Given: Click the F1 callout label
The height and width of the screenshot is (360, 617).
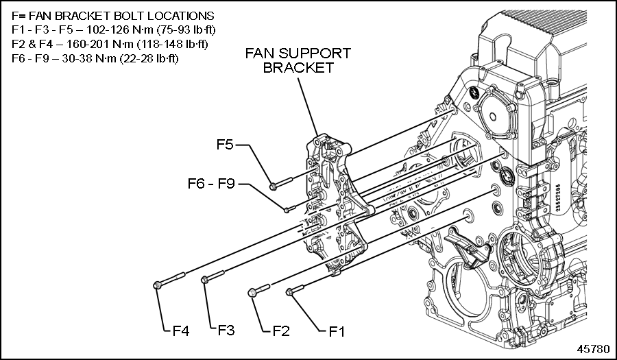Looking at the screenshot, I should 335,332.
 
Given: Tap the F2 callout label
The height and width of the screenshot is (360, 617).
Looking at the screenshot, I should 280,332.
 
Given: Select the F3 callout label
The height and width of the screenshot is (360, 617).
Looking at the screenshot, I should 226,331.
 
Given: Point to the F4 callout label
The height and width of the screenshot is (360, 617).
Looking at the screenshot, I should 180,332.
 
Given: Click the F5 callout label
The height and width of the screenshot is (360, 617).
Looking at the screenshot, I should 226,145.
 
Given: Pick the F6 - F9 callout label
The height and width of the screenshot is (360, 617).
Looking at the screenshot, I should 211,184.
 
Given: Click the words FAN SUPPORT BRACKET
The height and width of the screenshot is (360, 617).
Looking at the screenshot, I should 298,60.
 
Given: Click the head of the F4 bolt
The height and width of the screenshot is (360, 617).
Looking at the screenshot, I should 158,284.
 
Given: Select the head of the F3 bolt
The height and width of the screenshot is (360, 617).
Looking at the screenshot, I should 204,279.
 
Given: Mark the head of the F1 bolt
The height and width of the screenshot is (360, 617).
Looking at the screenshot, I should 291,291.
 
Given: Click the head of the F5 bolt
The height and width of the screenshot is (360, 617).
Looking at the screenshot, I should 273,185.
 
